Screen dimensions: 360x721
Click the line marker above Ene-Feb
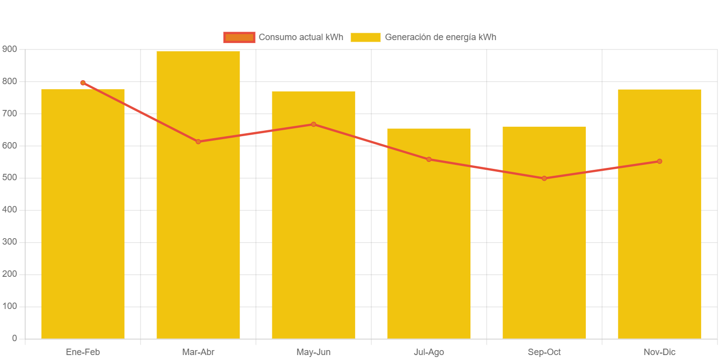coord(83,83)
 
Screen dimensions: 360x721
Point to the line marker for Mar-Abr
coord(198,142)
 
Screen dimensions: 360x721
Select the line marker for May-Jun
coord(313,124)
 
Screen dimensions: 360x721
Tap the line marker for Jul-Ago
coord(429,159)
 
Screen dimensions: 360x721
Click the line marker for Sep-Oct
coord(544,178)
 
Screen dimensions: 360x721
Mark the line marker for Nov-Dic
coord(660,161)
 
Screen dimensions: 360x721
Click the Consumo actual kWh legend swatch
coord(239,37)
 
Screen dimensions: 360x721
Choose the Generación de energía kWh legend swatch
coord(365,37)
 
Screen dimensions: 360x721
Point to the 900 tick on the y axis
coord(9,49)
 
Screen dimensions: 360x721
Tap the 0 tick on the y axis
coord(14,338)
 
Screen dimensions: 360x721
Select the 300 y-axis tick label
coord(9,242)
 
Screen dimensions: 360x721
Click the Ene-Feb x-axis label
coord(83,353)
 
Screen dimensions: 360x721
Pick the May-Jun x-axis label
coord(313,353)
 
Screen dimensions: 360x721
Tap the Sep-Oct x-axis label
coord(544,353)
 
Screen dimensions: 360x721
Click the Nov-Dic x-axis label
coord(660,353)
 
